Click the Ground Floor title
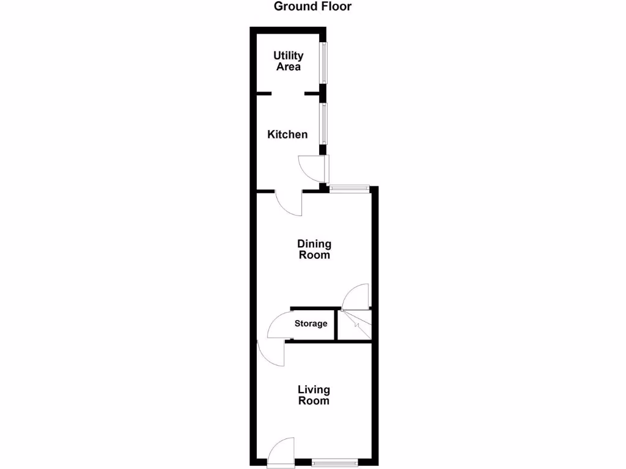[312, 7]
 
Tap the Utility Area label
[288, 61]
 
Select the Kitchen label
[287, 134]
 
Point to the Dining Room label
[314, 250]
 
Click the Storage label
[311, 324]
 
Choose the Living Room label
[314, 395]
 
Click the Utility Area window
[325, 62]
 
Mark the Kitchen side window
[324, 124]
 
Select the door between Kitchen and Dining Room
[289, 203]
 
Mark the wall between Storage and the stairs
[336, 325]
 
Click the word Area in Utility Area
[289, 67]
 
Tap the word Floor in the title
[334, 7]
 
